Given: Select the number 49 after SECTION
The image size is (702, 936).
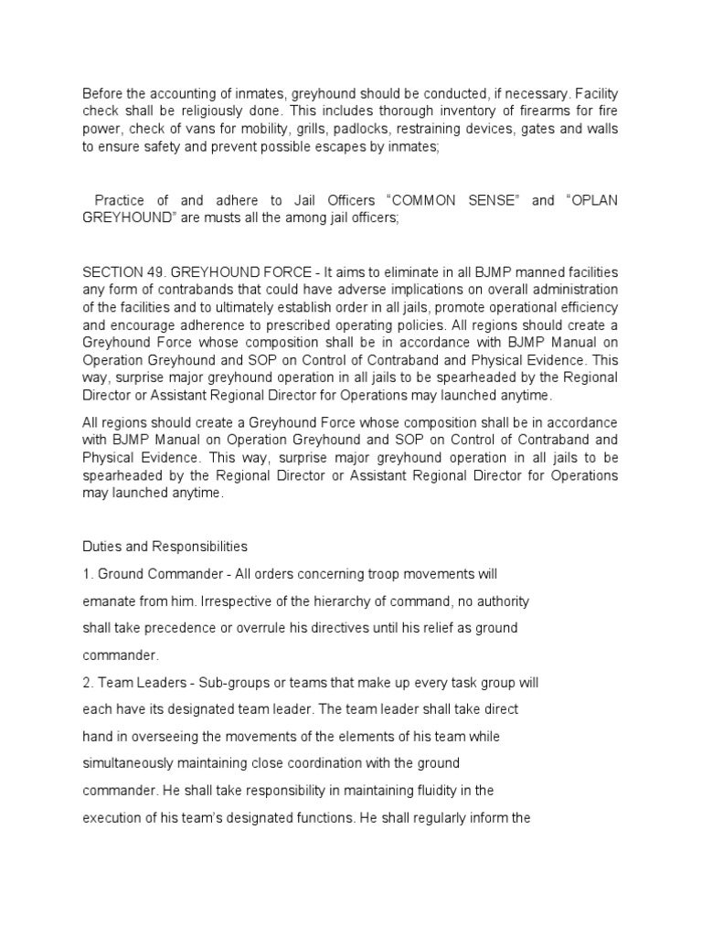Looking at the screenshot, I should pyautogui.click(x=156, y=272).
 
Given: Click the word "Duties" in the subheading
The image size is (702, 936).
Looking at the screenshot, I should pyautogui.click(x=103, y=547).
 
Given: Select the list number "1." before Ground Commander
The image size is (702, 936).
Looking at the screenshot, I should pyautogui.click(x=88, y=574).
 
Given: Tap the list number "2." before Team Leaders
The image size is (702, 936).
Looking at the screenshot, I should pyautogui.click(x=88, y=684).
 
